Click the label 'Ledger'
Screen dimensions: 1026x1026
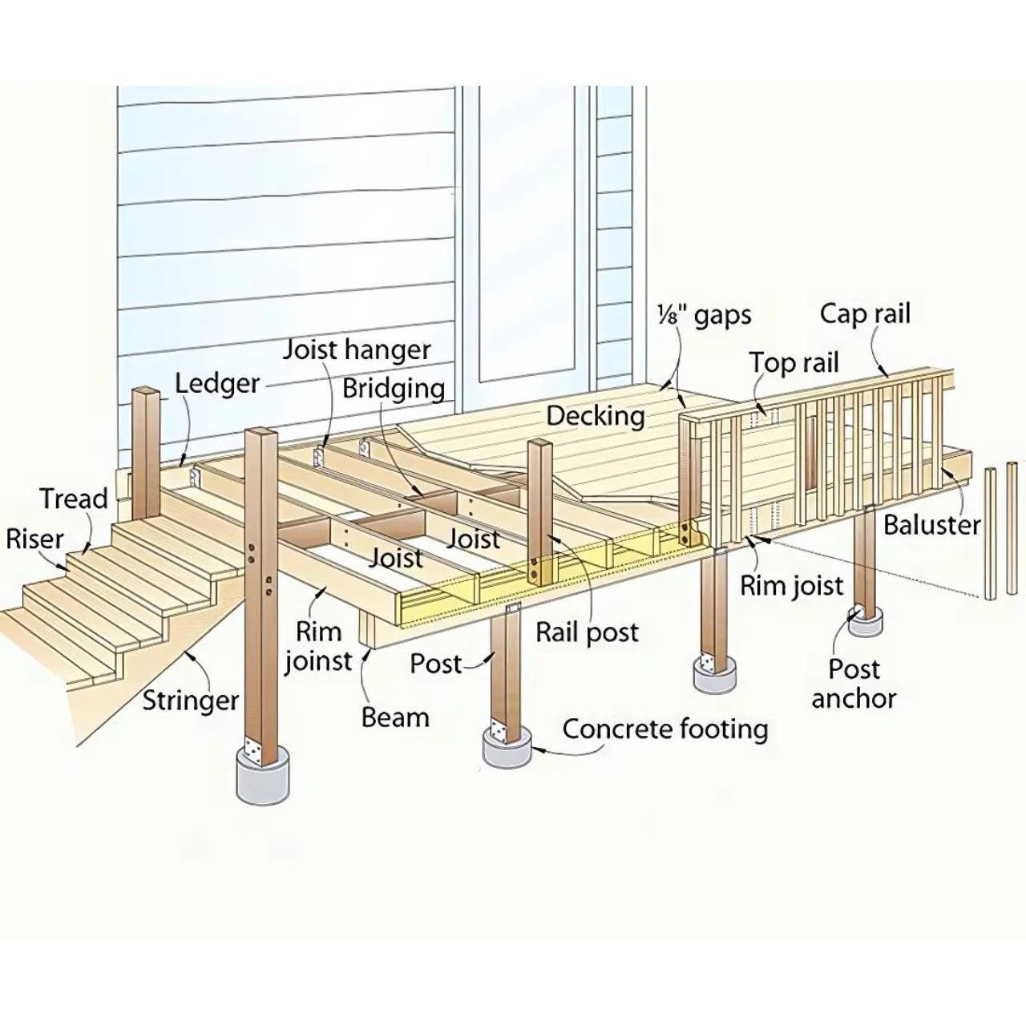pyautogui.click(x=217, y=384)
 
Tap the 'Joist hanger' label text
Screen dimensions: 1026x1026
pyautogui.click(x=357, y=350)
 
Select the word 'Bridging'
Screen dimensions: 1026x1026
pyautogui.click(x=394, y=389)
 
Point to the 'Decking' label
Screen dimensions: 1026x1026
pyautogui.click(x=596, y=416)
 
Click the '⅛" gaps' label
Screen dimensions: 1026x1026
pyautogui.click(x=705, y=316)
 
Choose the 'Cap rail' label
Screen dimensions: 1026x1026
pyautogui.click(x=865, y=314)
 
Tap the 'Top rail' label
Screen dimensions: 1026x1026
pyautogui.click(x=794, y=363)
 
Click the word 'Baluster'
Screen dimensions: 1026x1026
pyautogui.click(x=931, y=526)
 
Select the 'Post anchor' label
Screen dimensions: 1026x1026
pyautogui.click(x=854, y=684)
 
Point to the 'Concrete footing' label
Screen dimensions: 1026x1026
pyautogui.click(x=665, y=729)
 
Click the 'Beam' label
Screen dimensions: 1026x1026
pyautogui.click(x=395, y=717)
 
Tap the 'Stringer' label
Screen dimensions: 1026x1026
pyautogui.click(x=191, y=701)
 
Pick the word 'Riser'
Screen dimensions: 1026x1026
pyautogui.click(x=34, y=539)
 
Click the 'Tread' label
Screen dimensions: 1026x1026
pyautogui.click(x=74, y=499)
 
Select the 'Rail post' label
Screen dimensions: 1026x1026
pyautogui.click(x=587, y=633)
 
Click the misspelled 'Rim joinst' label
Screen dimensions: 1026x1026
pyautogui.click(x=318, y=646)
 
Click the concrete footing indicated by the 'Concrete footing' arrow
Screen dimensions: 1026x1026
pyautogui.click(x=508, y=748)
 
